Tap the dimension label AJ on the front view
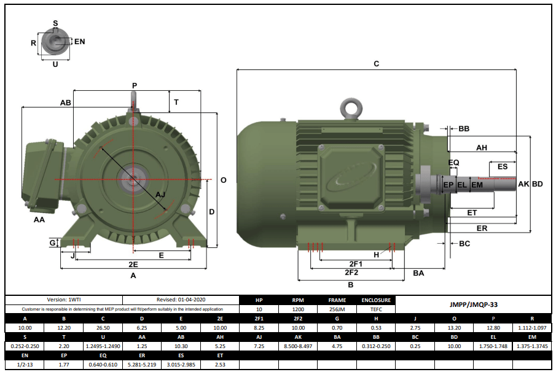coord(160,195)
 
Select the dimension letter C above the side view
coord(377,64)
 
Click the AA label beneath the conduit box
coord(39,219)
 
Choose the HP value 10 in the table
coord(259,310)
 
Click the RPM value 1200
coord(298,310)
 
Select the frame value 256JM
coord(337,310)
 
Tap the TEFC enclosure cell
coord(376,310)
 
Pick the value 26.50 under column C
coord(103,328)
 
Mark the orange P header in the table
coord(493,319)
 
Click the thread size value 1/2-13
coord(25,365)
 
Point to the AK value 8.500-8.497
coord(298,347)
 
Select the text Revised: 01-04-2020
coord(181,300)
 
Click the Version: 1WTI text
coord(64,300)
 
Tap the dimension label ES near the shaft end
coord(502,166)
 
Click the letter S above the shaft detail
coord(55,23)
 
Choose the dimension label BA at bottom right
coord(418,272)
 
